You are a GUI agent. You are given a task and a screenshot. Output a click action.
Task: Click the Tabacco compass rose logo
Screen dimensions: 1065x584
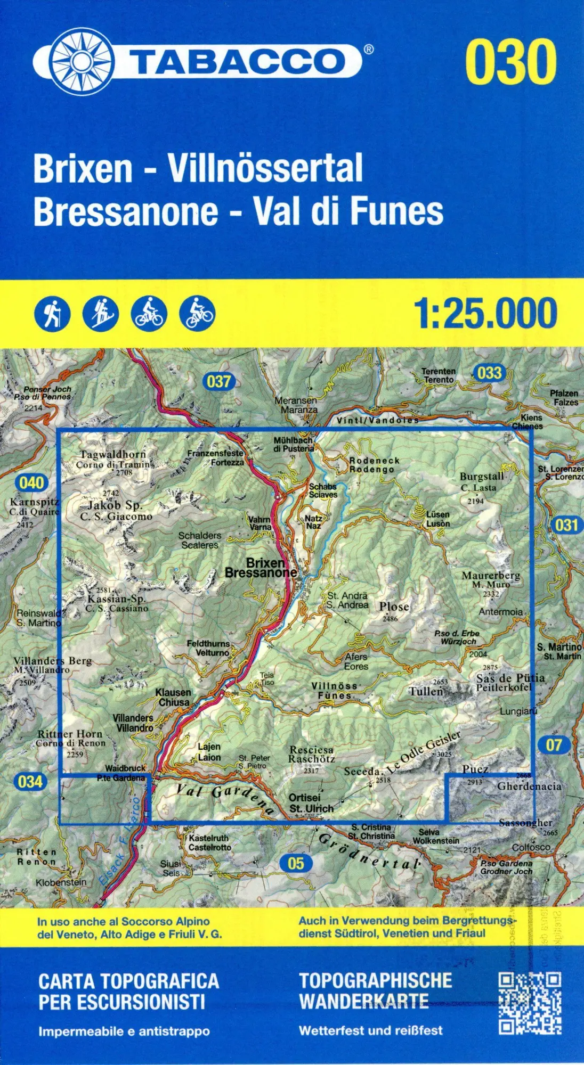[x=82, y=60]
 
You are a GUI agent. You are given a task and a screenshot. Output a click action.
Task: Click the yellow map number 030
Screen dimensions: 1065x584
[x=510, y=62]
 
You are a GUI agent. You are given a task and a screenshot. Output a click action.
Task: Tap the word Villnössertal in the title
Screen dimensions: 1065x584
[x=265, y=168]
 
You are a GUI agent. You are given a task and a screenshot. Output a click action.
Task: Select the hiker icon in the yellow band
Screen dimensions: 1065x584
[x=52, y=314]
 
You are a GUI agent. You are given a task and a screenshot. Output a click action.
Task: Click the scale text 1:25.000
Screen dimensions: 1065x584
[x=485, y=314]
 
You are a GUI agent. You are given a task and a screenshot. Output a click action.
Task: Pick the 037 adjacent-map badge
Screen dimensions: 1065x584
[x=218, y=381]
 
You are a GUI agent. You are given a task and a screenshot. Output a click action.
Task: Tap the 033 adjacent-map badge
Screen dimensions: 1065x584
[x=489, y=372]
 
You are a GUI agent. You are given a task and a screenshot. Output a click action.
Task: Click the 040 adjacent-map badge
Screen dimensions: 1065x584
[x=31, y=483]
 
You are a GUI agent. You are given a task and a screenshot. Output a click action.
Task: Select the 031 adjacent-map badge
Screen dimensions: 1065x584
[x=566, y=525]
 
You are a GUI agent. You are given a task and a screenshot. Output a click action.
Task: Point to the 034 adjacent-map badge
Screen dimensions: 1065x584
[x=30, y=782]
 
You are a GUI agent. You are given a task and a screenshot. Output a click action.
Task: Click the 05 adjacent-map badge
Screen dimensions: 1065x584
[x=295, y=863]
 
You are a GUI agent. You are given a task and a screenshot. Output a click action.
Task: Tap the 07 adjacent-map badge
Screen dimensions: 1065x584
[x=554, y=744]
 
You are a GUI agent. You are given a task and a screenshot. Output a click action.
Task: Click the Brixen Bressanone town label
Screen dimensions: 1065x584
[x=261, y=568]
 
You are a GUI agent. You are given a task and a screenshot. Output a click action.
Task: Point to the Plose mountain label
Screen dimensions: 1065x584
[x=394, y=607]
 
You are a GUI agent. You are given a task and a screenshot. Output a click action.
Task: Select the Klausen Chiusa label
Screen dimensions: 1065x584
[x=173, y=697]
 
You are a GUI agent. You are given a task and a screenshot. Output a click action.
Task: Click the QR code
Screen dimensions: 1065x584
[x=530, y=1003]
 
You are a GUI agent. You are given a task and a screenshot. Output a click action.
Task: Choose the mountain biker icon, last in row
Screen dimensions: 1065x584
[x=197, y=314]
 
